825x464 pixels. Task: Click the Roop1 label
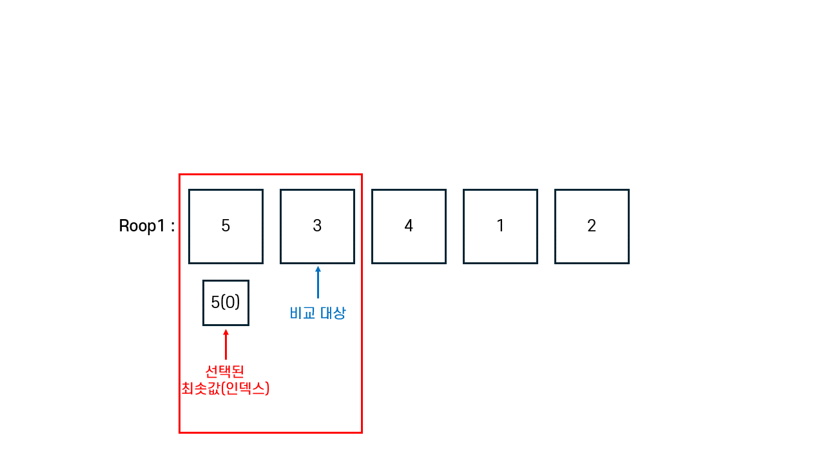coord(142,226)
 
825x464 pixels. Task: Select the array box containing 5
coord(226,226)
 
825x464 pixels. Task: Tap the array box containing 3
coord(317,226)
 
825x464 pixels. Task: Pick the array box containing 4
coord(409,226)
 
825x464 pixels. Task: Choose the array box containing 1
coord(500,226)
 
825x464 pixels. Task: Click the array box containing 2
coord(592,226)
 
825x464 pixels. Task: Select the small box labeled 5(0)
coord(226,302)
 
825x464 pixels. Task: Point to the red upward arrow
coord(226,344)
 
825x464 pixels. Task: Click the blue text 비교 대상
coord(318,313)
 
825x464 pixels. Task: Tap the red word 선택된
coord(225,372)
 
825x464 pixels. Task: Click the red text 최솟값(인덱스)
coord(225,389)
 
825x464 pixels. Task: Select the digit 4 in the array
coord(409,226)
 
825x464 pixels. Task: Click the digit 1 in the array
coord(500,226)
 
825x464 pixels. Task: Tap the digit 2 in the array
coord(592,226)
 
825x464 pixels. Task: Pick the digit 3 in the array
coord(317,226)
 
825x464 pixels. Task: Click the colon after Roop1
coord(172,227)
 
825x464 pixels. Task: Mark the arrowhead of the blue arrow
coord(318,269)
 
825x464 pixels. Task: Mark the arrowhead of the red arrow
coord(226,333)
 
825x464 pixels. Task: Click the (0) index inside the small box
coord(231,302)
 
